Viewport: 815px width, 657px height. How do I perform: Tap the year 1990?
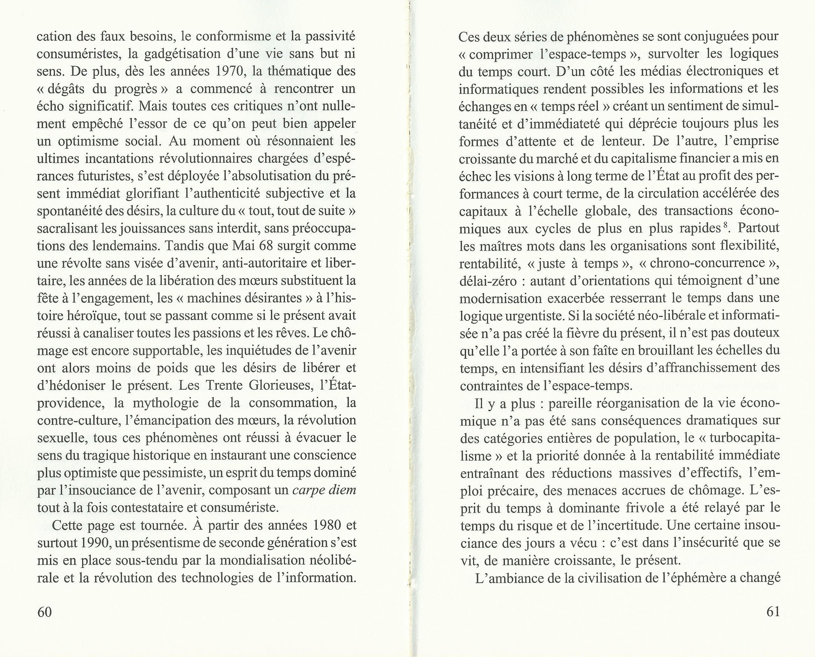tap(95, 543)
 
